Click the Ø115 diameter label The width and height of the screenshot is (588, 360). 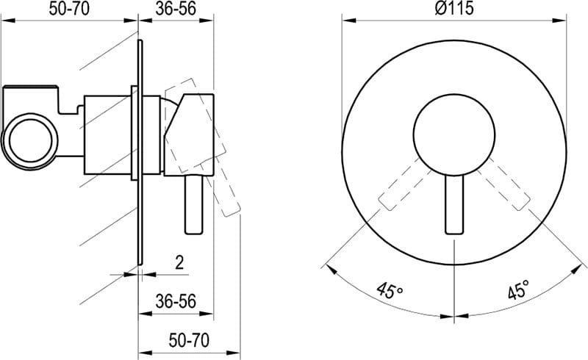[454, 8]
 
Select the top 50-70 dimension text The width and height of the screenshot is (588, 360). [69, 9]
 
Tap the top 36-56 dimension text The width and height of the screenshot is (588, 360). [176, 9]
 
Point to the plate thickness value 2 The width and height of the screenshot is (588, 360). [179, 262]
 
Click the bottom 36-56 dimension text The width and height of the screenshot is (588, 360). [176, 300]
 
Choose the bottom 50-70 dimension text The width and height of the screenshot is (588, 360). [189, 340]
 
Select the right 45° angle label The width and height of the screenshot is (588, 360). [519, 290]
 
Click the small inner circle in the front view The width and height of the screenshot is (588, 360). [454, 135]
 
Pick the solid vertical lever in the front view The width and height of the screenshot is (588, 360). [454, 204]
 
